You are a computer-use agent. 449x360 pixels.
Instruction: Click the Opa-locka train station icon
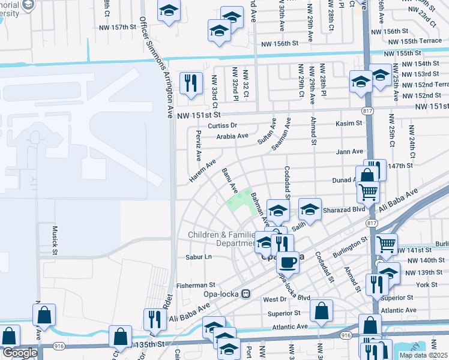[246, 293]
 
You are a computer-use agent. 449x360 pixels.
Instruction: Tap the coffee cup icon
[287, 262]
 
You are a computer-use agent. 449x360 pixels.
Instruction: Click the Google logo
[19, 353]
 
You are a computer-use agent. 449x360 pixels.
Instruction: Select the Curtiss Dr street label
[223, 125]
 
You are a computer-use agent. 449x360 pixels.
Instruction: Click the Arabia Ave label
[232, 136]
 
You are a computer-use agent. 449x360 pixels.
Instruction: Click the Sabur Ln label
[199, 256]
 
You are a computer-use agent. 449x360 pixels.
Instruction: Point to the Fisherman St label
[195, 285]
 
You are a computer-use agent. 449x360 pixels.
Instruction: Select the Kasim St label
[349, 123]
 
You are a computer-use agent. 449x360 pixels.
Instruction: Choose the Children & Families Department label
[222, 239]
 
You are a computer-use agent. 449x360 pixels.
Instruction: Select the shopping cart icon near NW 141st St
[386, 244]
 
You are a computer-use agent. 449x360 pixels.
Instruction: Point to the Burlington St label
[350, 245]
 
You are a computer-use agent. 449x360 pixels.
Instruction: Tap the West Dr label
[275, 299]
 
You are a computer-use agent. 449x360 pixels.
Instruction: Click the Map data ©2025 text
[423, 355]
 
